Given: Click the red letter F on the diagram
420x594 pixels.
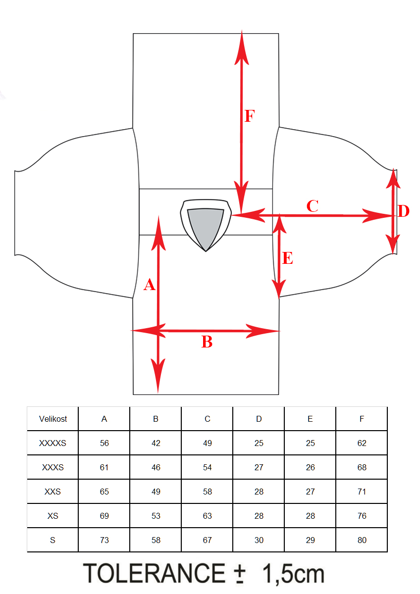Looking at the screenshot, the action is tap(250, 116).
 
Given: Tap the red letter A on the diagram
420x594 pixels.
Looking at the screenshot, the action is tap(150, 285).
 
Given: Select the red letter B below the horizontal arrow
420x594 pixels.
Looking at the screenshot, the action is tap(207, 342).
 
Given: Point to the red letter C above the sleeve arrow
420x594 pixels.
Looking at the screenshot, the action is tap(313, 206).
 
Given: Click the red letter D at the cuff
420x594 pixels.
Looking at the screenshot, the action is tap(404, 211).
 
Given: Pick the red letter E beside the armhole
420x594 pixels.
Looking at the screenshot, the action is tap(288, 258).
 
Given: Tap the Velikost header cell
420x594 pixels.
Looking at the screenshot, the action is tap(53, 419).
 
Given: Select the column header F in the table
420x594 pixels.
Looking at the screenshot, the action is tap(362, 419).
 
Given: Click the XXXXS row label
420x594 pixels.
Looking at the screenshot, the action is tap(52, 443).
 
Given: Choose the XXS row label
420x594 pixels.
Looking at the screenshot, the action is tap(52, 492).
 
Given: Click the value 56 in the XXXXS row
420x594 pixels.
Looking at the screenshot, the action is tap(105, 443).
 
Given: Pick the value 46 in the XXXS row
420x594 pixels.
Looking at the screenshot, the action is tap(156, 467).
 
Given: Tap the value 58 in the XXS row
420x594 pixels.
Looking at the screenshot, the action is tap(207, 492).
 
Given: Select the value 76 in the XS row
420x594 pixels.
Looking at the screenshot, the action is tap(362, 516).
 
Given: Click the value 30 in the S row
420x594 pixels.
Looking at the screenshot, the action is tap(259, 540).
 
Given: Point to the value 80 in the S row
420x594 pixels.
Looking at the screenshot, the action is tap(362, 540).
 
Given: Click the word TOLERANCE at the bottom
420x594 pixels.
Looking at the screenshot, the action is tap(154, 573).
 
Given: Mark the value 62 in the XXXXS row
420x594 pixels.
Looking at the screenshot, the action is tap(362, 443).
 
